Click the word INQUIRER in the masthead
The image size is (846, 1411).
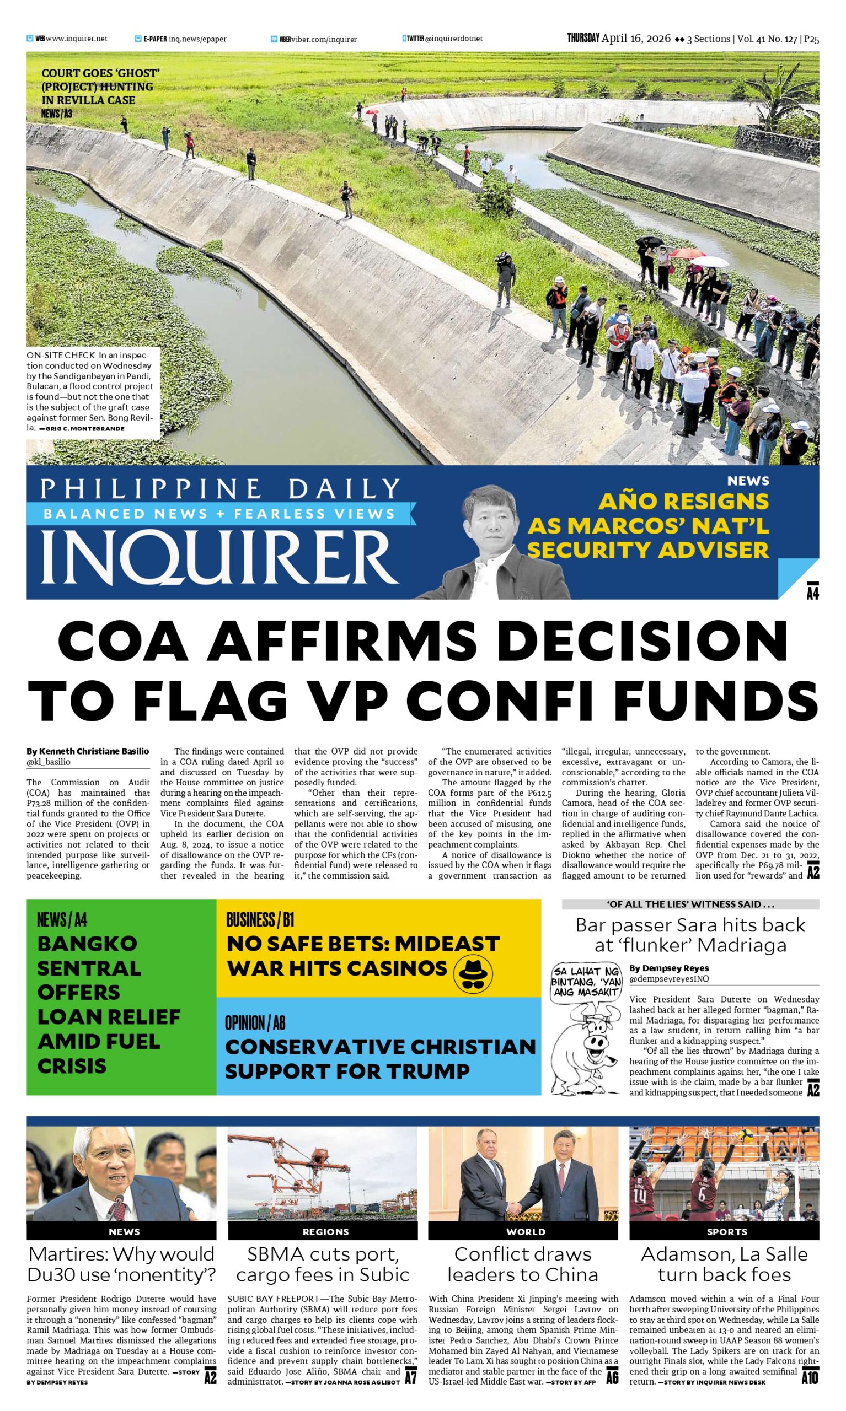219,557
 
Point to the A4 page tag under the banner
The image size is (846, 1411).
812,592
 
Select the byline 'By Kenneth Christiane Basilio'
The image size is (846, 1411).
88,751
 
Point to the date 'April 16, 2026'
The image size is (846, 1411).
636,39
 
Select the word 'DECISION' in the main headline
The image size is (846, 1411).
644,639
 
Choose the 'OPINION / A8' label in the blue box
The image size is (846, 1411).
255,1023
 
